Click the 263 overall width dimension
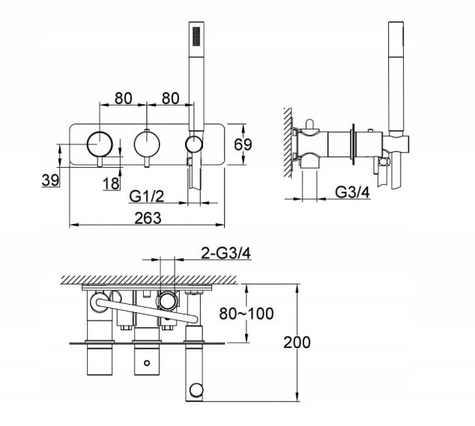[x=148, y=218]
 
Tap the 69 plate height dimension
[x=243, y=144]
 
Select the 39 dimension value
[x=50, y=180]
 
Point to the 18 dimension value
[x=111, y=183]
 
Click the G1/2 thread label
[x=147, y=196]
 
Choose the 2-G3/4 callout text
[x=226, y=254]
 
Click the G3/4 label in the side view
[x=353, y=192]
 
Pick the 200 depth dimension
[x=297, y=342]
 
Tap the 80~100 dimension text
[x=246, y=314]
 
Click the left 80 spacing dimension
[x=124, y=98]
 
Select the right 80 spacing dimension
[x=171, y=98]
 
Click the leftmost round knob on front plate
[x=100, y=144]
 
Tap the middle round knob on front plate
[x=147, y=144]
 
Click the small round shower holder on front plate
[x=194, y=144]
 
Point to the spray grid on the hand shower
[x=196, y=37]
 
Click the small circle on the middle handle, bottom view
[x=147, y=362]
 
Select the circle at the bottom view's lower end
[x=196, y=390]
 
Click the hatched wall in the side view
[x=288, y=143]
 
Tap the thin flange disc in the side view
[x=353, y=144]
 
